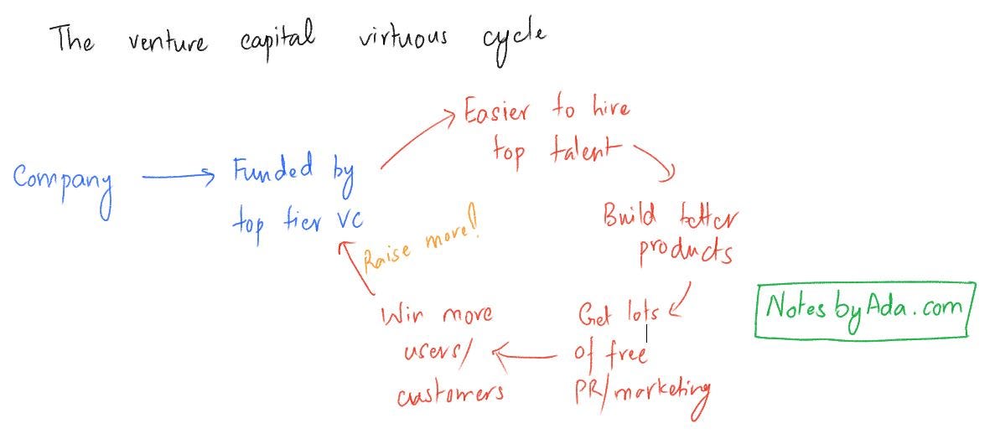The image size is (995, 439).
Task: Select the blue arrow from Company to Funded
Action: point(179,175)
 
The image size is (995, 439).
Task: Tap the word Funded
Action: point(273,170)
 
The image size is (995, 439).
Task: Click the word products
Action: point(685,251)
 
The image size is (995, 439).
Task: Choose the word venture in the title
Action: point(168,41)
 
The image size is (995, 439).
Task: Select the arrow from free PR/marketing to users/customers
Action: point(526,356)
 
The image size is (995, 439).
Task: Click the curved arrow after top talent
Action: point(656,163)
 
